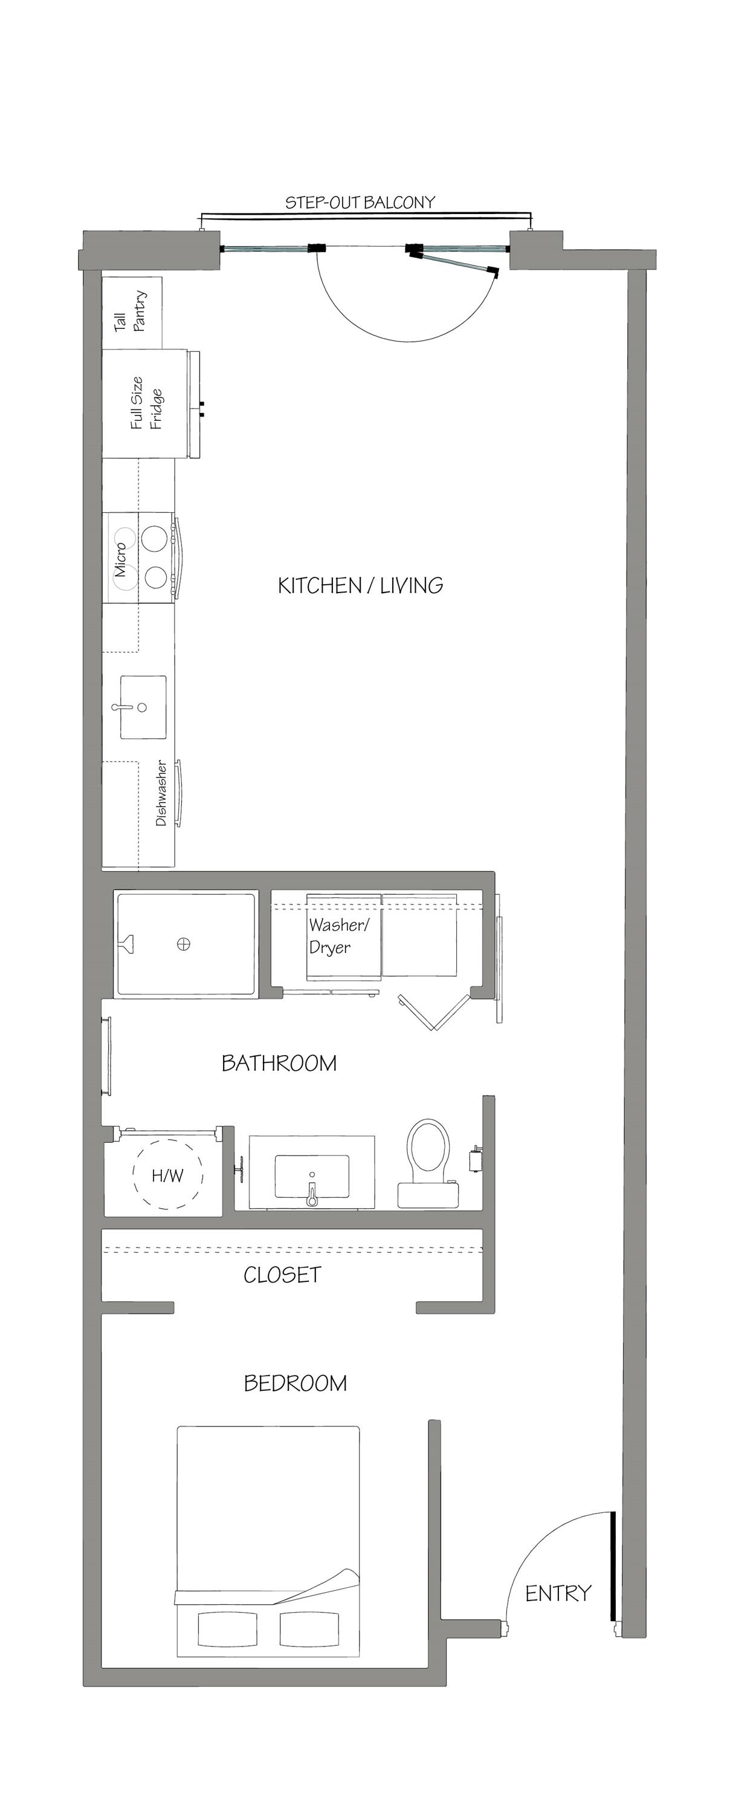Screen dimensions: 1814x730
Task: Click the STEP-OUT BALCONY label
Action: (x=360, y=203)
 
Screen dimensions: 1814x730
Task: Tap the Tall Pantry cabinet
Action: (x=132, y=312)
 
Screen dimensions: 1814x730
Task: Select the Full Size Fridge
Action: (x=146, y=403)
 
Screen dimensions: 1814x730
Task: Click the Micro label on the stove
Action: (x=121, y=559)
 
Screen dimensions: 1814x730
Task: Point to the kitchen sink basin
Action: (x=143, y=707)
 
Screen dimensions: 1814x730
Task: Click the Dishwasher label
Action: (x=161, y=792)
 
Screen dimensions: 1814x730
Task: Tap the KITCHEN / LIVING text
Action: (x=360, y=585)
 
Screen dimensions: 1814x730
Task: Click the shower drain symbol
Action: (x=184, y=944)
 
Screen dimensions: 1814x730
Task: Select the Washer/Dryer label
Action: (x=338, y=936)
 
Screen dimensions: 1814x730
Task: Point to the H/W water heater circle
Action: (x=167, y=1175)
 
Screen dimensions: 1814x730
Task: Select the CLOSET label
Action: (x=282, y=1275)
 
